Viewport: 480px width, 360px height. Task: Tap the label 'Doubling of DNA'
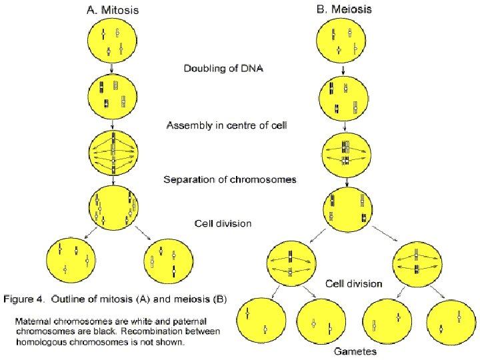223,67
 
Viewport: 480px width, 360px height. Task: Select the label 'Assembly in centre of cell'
227,125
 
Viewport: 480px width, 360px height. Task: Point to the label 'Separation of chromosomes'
231,179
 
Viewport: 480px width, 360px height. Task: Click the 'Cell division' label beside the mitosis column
223,223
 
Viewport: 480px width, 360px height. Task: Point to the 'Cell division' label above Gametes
354,284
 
